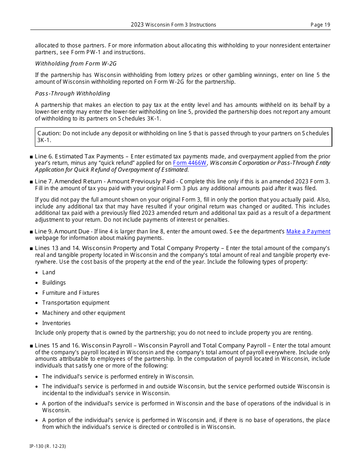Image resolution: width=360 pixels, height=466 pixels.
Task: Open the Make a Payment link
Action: coord(308,231)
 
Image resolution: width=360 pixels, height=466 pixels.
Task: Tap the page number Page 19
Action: coord(320,25)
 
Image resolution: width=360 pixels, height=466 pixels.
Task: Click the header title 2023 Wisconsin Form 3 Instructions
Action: coord(174,25)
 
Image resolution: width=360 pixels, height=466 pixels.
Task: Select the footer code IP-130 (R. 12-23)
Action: coord(48,446)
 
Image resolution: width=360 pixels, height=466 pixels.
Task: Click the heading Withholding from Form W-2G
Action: coord(76,64)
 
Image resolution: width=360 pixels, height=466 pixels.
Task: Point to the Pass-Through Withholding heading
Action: coord(72,94)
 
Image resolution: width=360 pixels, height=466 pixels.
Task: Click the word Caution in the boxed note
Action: coord(49,133)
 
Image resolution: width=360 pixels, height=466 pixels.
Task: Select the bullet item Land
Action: coord(49,272)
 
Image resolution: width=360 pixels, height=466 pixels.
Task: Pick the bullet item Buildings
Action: coord(54,283)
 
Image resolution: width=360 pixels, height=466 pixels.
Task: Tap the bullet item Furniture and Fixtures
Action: coord(70,293)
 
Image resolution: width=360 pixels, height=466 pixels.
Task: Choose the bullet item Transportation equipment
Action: coord(76,303)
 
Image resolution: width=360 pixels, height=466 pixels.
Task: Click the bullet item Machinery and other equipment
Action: coord(83,313)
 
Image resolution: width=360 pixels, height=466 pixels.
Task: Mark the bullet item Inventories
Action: coord(56,323)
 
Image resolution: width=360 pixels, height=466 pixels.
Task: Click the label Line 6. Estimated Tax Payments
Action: coord(79,156)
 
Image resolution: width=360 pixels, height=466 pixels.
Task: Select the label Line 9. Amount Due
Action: coord(62,231)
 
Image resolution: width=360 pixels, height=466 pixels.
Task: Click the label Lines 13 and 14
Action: coord(57,248)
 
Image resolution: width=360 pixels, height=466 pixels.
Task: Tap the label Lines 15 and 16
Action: coord(57,346)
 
